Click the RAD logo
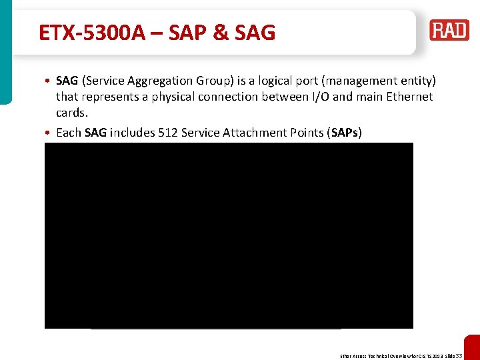pos(449,31)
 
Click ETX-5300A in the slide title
pos(92,32)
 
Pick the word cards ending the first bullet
pos(72,113)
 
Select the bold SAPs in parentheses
pos(344,132)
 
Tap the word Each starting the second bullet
pos(69,132)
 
